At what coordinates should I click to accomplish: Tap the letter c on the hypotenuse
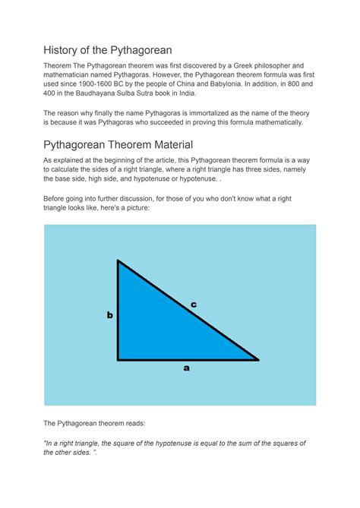(194, 304)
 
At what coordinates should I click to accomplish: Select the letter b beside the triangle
(109, 314)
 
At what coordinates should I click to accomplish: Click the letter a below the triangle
(186, 368)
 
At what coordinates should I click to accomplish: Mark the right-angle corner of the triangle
(118, 359)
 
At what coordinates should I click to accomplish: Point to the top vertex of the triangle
(118, 261)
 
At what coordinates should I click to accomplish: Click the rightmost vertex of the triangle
(258, 359)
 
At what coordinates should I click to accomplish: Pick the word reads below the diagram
(138, 424)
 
